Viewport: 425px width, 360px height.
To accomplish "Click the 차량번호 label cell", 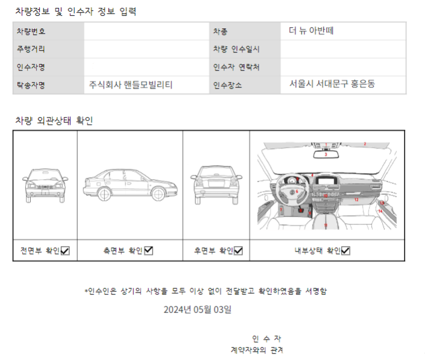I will click(31, 31).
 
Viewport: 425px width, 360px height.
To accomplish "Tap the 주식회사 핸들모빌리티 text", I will click(131, 85).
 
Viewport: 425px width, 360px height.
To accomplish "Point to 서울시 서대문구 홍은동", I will click(332, 84).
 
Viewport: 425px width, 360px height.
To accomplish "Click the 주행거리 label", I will click(31, 49).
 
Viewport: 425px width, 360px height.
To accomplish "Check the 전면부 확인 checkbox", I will click(65, 251).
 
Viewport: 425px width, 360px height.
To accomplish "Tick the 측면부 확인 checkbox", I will click(148, 251).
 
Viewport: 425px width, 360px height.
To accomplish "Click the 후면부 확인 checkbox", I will click(238, 251).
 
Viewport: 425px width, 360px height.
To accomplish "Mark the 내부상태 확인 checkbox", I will click(345, 251).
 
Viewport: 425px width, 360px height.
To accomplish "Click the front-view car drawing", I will click(44, 185).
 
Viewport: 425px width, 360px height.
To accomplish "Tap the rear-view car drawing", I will click(216, 183).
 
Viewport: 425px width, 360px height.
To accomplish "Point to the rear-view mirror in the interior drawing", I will click(326, 154).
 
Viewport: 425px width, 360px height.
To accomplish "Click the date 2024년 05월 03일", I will click(198, 310).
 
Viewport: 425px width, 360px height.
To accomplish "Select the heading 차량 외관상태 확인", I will click(54, 121).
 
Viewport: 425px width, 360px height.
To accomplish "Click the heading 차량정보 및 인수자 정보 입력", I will click(75, 11).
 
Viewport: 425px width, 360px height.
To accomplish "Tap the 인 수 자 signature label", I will click(266, 338).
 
